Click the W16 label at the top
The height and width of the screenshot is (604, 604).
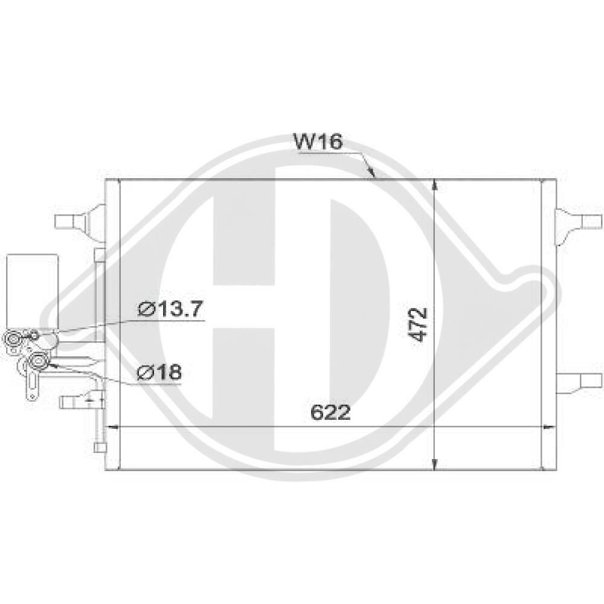pyautogui.click(x=318, y=141)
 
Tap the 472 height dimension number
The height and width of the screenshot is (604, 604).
pyautogui.click(x=419, y=325)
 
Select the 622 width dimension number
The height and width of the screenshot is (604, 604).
pyautogui.click(x=330, y=412)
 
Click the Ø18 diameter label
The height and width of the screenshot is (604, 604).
pyautogui.click(x=159, y=372)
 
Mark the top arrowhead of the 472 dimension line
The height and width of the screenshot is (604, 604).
pyautogui.click(x=435, y=185)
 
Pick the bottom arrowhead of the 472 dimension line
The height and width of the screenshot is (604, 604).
pyautogui.click(x=435, y=464)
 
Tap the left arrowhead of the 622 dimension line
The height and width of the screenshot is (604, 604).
pyautogui.click(x=112, y=426)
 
